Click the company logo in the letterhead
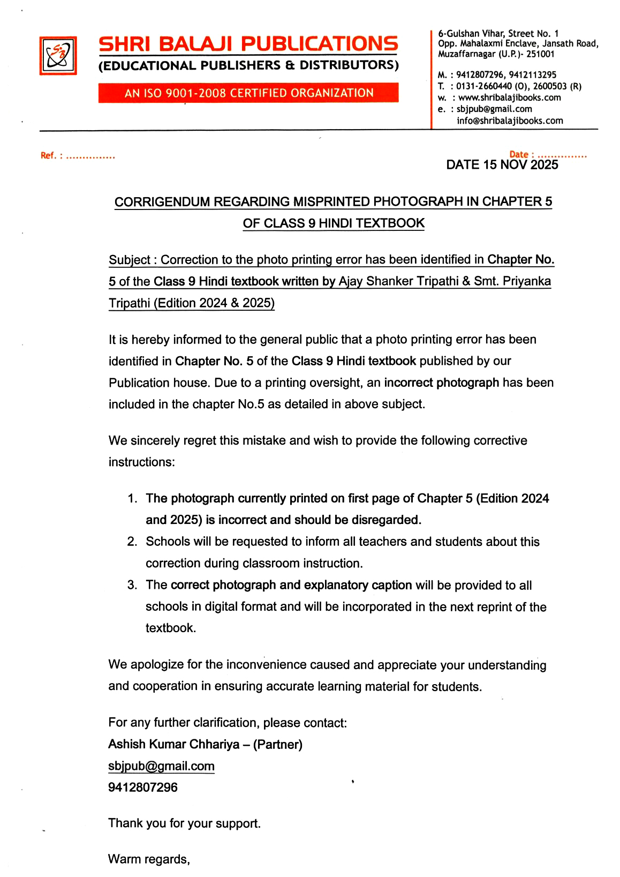58,56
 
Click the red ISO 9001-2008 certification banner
248,93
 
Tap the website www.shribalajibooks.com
509,98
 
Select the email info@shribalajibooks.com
510,121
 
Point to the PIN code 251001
540,54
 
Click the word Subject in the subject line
129,260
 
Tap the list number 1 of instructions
132,499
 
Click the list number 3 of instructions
132,585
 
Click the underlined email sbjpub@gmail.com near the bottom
161,766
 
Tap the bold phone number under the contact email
143,788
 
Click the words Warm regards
148,859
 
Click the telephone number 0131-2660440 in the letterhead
484,86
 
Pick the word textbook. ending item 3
171,628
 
